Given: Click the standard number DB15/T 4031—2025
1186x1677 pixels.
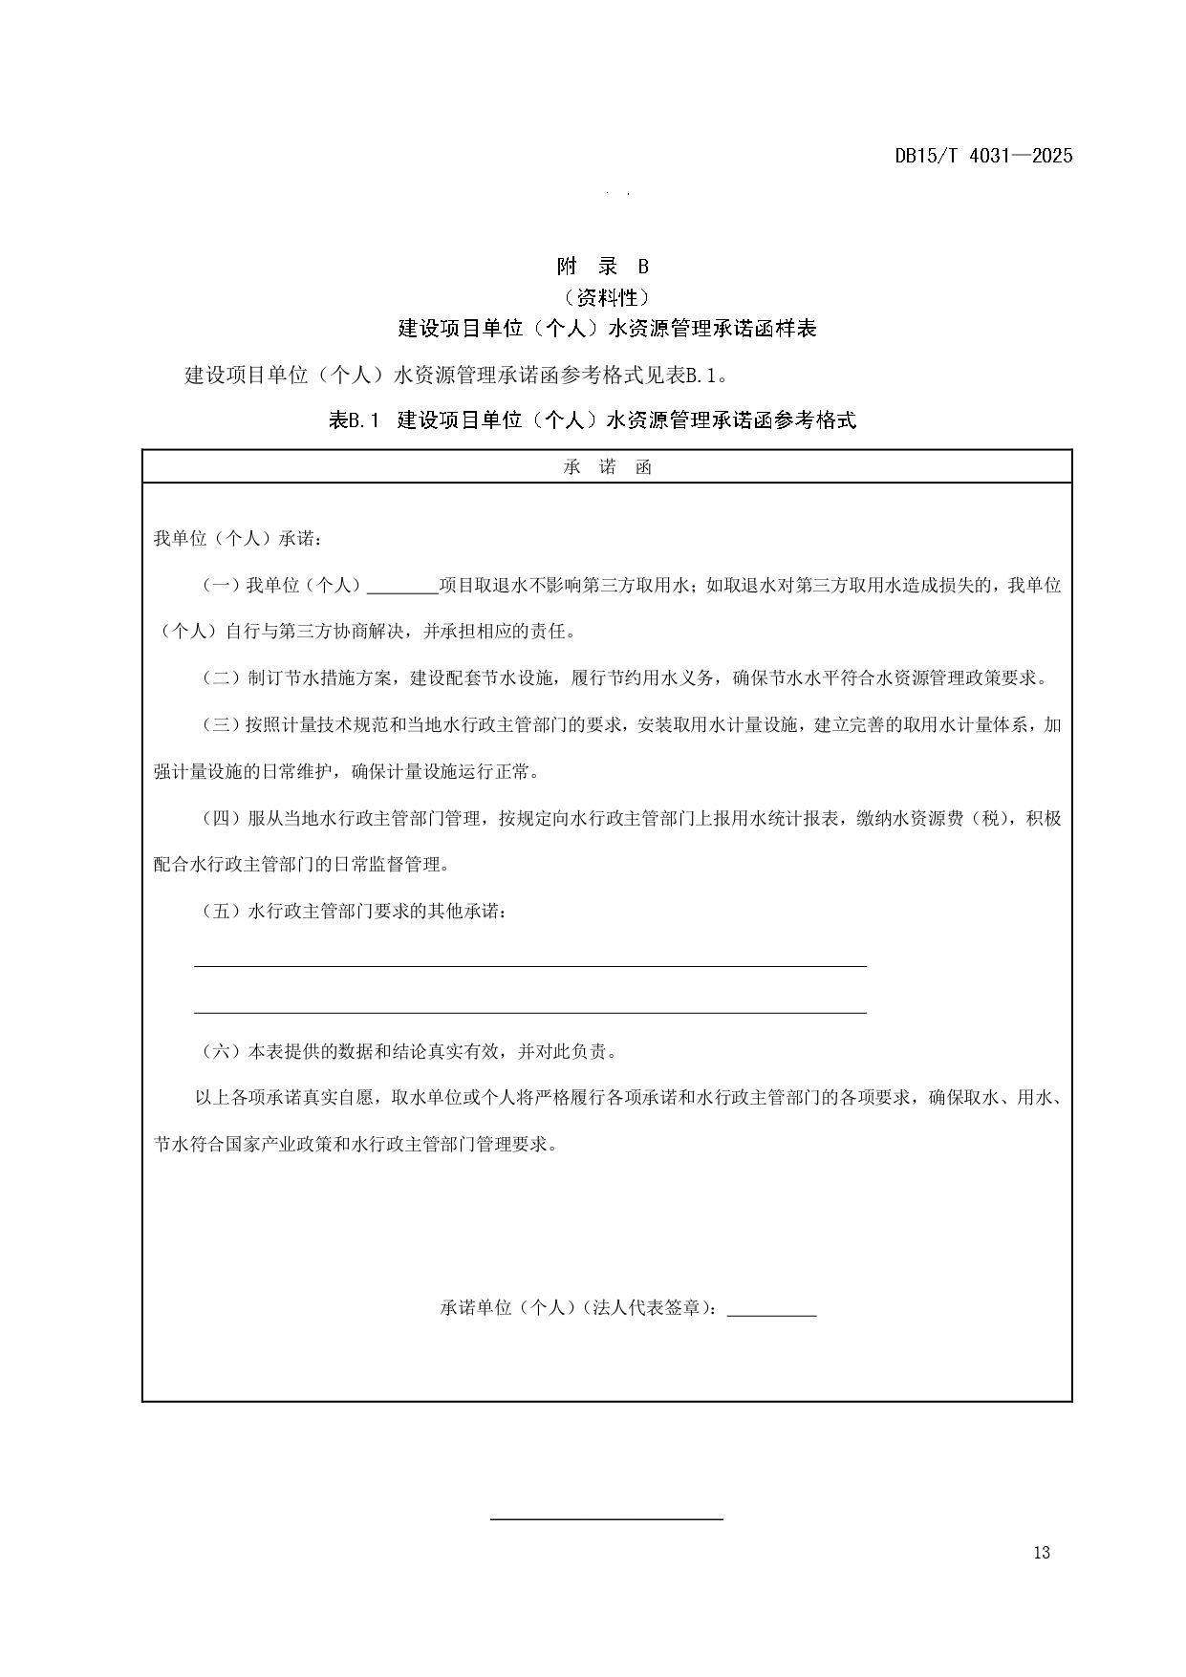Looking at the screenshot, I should (983, 156).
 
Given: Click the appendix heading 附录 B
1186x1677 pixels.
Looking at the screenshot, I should (602, 267).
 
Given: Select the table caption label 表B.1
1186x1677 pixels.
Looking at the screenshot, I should (355, 419).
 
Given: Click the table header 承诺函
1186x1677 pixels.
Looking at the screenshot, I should (607, 467).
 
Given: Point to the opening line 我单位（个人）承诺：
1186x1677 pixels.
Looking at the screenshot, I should (238, 539).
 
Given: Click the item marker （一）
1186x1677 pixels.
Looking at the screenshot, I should (220, 586).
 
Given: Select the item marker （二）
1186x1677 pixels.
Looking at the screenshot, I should (220, 678).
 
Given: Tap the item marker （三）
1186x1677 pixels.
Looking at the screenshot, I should (220, 725).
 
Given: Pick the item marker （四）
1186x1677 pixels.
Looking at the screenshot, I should (220, 819).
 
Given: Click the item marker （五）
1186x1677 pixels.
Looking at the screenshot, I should (220, 912).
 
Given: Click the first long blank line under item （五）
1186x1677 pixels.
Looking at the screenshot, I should (530, 965).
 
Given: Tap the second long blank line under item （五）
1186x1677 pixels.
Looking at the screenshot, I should (530, 1012).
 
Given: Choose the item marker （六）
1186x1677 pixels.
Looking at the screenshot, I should (220, 1052).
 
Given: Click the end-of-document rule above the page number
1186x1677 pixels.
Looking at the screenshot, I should (607, 1517).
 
